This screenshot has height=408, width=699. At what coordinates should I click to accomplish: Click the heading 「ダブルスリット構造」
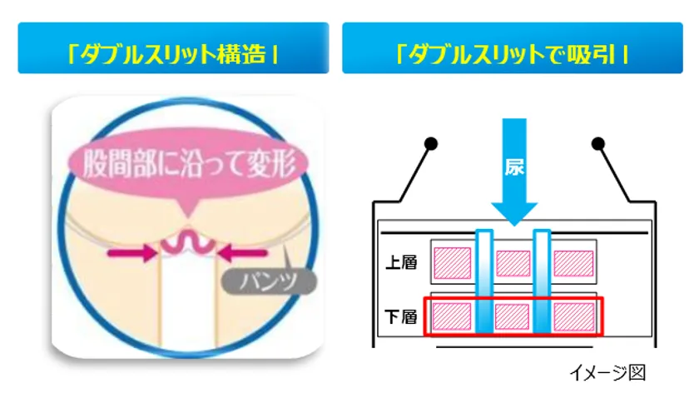tap(173, 54)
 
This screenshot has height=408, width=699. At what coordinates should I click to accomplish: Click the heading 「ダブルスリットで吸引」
tap(512, 54)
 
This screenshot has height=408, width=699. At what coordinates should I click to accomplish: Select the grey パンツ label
tap(270, 281)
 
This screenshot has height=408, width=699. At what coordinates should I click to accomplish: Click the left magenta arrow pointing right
tap(132, 253)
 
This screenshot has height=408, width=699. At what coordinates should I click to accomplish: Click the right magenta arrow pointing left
tap(242, 253)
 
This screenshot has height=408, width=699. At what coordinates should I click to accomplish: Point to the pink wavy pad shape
tap(188, 243)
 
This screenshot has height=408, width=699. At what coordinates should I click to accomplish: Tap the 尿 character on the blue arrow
tap(514, 167)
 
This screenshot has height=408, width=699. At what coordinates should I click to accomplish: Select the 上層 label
tap(401, 262)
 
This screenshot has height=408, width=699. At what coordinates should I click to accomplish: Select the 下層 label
tap(401, 317)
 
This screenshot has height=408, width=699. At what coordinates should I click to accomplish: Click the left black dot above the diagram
tap(431, 143)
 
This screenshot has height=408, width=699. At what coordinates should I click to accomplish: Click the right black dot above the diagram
tap(597, 143)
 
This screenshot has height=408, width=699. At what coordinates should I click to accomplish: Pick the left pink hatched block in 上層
tap(453, 263)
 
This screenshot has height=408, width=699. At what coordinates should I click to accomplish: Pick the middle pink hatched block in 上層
tap(513, 263)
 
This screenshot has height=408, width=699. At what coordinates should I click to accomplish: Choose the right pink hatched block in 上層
tap(573, 263)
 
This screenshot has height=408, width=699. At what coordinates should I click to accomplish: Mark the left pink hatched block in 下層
tap(452, 316)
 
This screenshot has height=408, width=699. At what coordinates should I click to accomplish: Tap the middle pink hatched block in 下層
tap(513, 316)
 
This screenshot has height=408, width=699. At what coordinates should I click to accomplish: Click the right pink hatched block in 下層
tap(574, 316)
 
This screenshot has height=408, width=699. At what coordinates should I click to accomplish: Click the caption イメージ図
tap(607, 373)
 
